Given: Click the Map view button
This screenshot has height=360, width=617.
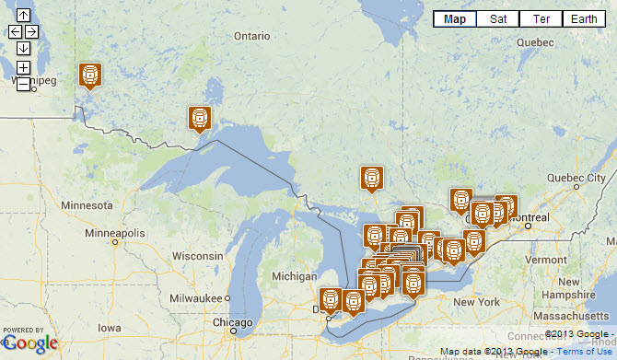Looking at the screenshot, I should (x=454, y=18).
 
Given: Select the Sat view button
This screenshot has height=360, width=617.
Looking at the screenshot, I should (x=497, y=18).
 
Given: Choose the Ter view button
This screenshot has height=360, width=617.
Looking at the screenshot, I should (x=541, y=18).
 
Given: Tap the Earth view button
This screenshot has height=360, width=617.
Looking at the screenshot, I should (x=584, y=18).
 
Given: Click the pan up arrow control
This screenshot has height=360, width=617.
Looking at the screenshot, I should (x=23, y=16).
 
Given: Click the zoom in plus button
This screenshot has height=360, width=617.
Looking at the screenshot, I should (x=23, y=67).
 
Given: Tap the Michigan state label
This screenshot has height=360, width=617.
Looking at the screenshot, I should (x=295, y=276).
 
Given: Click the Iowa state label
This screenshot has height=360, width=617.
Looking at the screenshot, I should (x=109, y=327).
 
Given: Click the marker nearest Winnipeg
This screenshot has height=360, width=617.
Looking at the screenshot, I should (x=89, y=75).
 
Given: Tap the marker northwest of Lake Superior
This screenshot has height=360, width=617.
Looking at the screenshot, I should (x=200, y=118).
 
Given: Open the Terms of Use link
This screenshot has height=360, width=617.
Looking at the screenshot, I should (x=587, y=352).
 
